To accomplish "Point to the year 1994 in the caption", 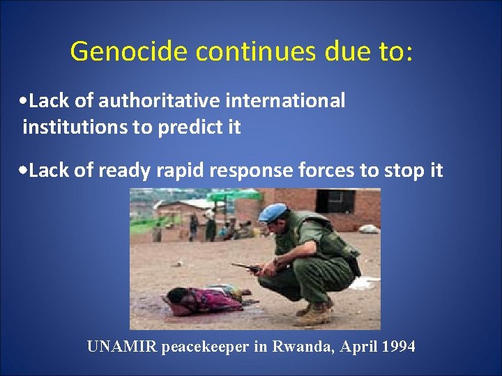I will coord(398,347).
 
